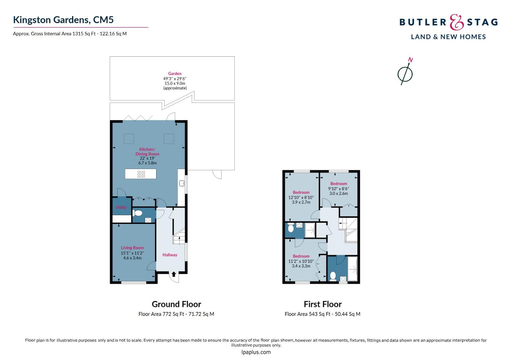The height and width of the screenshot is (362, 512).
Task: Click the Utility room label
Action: coord(121,207)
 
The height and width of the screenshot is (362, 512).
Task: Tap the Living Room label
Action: coord(132,248)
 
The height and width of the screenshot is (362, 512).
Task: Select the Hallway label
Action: coord(170,255)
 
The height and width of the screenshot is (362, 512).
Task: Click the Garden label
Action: coord(175,73)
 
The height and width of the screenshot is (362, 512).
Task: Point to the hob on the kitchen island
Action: coord(141,174)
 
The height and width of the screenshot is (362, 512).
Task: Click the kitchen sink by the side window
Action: coord(182,183)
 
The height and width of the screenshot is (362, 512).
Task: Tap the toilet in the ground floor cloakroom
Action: coord(137,213)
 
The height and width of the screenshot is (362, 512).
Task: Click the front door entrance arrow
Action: coord(174,274)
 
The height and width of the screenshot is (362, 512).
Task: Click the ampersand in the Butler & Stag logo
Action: coord(456,22)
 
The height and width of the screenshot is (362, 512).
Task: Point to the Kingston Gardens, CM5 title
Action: coord(63,20)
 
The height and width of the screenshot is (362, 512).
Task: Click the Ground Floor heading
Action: coord(177,304)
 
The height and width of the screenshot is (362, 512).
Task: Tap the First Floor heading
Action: coord(323,304)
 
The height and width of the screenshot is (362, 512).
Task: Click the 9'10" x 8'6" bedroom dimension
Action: coord(338,189)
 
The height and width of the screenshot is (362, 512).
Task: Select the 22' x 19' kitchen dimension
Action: coord(147,158)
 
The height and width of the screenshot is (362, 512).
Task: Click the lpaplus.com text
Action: coord(256,352)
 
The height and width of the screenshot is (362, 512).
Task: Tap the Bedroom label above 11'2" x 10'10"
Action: coord(301,256)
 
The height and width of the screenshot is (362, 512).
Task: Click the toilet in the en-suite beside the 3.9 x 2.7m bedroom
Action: coord(291,228)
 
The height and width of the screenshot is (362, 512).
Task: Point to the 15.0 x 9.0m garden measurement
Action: coord(175,83)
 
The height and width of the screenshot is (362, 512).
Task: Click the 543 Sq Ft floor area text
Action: coord(320,314)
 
